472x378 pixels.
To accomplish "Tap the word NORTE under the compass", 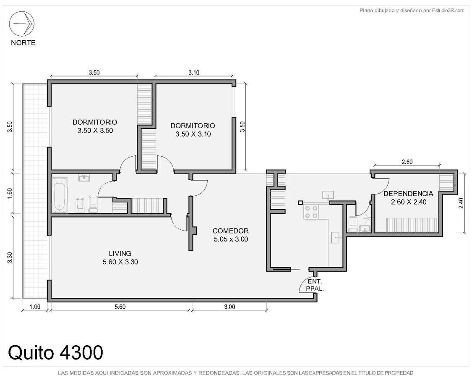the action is (x=23, y=43).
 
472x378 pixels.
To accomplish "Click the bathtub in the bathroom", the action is (x=60, y=195).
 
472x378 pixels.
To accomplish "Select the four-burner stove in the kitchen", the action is (x=311, y=212).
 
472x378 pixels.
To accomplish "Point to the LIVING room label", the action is (x=120, y=254).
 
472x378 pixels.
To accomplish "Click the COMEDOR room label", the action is (x=231, y=231).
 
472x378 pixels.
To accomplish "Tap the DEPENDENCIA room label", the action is (x=409, y=194).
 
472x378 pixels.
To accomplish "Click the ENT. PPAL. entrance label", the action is (x=315, y=285).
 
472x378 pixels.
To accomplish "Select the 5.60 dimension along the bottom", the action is (x=120, y=307).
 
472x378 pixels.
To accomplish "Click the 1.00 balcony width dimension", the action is (x=35, y=307).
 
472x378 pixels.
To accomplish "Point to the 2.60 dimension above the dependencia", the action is (x=407, y=162).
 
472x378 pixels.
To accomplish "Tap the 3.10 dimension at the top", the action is (x=194, y=72).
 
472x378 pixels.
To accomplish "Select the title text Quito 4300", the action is (x=55, y=352).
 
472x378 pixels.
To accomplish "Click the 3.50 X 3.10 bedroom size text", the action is (x=193, y=134).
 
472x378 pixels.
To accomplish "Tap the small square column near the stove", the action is (x=300, y=203).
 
